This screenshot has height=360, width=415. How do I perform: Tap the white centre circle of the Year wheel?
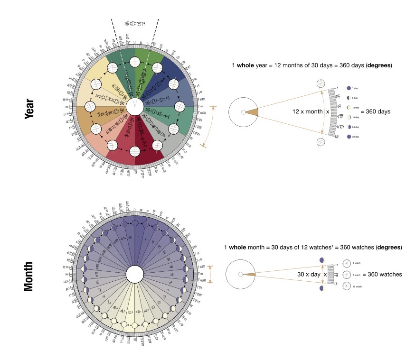coord(135,106)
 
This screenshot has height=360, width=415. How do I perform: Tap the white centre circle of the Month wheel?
coord(135,274)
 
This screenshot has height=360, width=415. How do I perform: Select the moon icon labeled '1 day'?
coord(349,88)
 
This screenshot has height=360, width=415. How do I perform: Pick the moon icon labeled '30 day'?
coord(349,137)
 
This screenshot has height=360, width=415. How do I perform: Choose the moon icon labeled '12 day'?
coord(349,108)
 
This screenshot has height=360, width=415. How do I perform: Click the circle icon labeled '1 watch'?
coord(347,263)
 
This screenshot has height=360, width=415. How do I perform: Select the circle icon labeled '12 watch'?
coord(347,286)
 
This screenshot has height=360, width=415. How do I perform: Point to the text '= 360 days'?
coord(374,111)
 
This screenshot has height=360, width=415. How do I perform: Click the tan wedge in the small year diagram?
coord(252,112)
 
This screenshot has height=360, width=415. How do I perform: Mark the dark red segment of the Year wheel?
coord(148,142)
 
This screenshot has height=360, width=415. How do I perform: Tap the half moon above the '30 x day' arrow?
coord(322,260)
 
